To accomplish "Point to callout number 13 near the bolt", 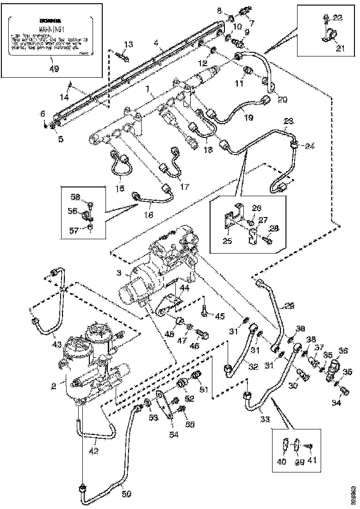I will coord(128,44).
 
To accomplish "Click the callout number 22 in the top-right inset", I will coord(338,17).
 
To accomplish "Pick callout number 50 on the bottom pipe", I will coord(126,494).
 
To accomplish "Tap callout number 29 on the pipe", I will coord(289,306).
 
